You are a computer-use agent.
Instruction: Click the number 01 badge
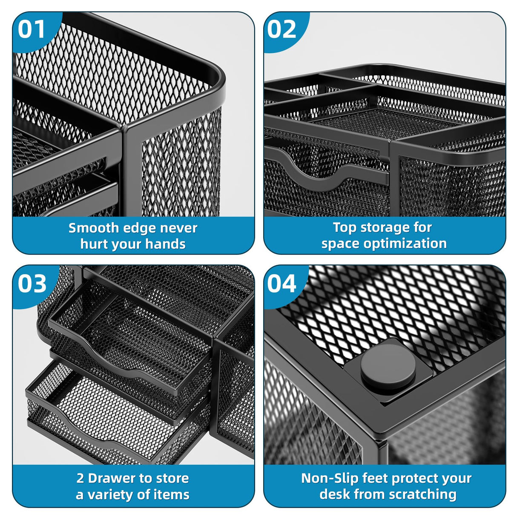pos(32,29)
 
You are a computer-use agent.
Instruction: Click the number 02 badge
pos(281,29)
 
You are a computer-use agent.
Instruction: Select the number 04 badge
pos(282,284)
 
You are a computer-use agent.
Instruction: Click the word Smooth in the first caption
pos(94,228)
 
